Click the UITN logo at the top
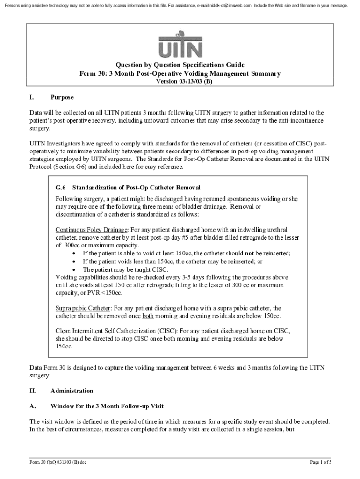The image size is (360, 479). tap(180, 43)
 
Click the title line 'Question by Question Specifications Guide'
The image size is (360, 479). tap(180, 65)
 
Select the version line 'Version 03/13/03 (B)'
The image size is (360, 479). tap(180, 81)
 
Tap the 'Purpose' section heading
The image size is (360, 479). tap(62, 98)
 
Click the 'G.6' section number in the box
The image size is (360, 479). tap(60, 187)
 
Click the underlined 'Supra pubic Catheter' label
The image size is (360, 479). tap(83, 308)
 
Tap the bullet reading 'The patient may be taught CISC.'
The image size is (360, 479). tap(125, 269)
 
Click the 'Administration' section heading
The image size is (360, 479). tap(72, 391)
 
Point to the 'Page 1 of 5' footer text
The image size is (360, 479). tap(321, 463)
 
